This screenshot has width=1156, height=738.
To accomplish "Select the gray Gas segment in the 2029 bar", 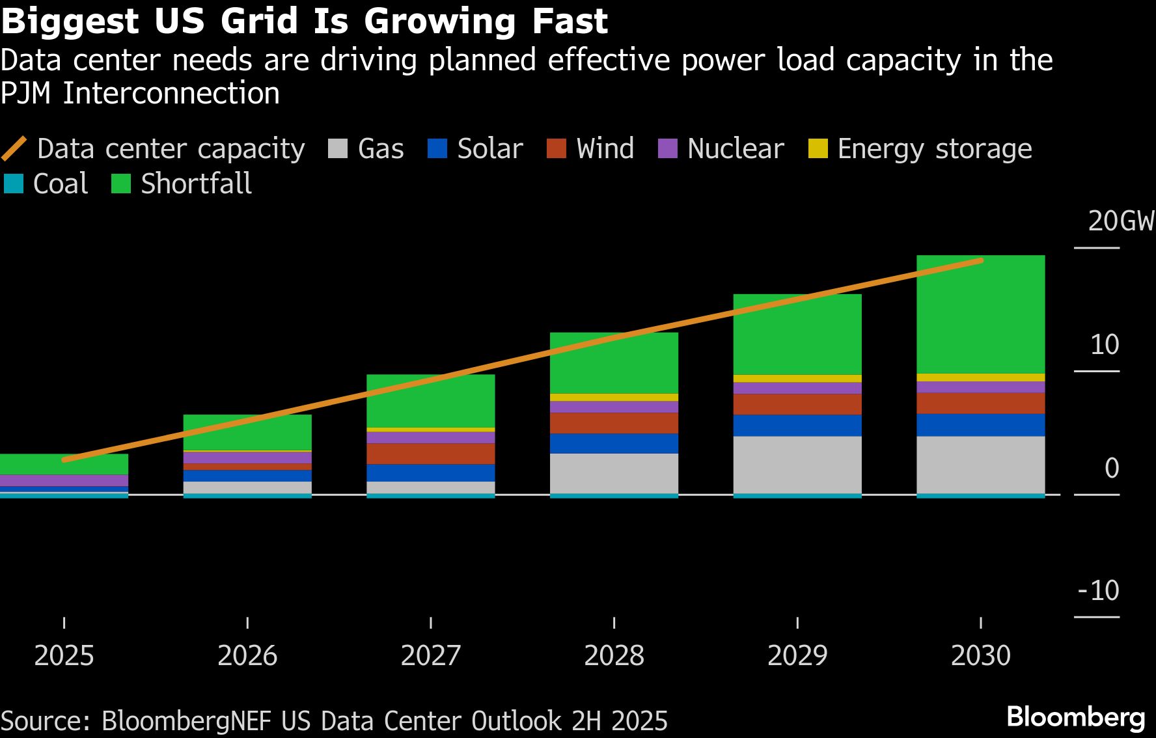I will click(x=797, y=465).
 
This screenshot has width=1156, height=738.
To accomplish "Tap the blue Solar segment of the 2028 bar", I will click(x=614, y=443).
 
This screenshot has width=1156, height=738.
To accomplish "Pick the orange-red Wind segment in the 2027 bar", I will click(x=430, y=454).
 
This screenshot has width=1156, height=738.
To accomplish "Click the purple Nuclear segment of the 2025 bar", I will click(x=64, y=480).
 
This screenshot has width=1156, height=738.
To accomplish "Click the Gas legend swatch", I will click(x=338, y=149).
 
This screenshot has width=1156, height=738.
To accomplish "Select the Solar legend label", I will click(x=489, y=149).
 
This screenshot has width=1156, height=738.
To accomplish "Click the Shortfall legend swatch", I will click(x=121, y=184).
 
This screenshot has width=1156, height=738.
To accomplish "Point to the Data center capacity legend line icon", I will click(x=14, y=149).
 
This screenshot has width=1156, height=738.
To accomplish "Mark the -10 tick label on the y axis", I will click(x=1099, y=591).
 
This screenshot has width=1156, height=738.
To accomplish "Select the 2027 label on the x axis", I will click(x=430, y=655).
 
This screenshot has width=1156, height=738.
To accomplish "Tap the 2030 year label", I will click(x=980, y=655).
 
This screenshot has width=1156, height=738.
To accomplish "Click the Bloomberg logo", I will click(x=1075, y=717).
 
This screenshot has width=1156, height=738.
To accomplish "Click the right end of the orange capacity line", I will click(x=980, y=261).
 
